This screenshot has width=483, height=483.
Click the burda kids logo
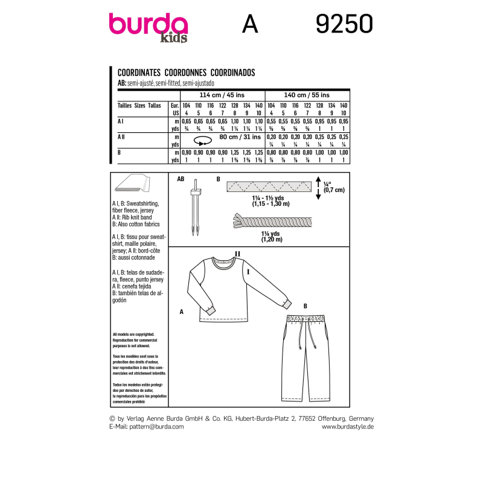click(148, 27)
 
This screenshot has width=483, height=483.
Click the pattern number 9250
click(344, 25)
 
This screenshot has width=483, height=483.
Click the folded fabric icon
click(133, 184)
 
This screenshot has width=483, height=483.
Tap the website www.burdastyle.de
click(348, 426)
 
